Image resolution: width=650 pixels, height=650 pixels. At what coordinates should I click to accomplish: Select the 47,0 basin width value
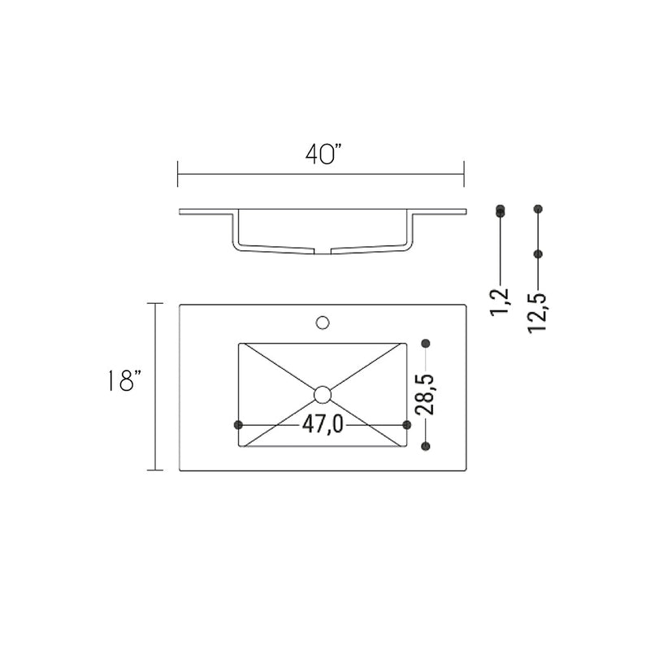[x=323, y=425]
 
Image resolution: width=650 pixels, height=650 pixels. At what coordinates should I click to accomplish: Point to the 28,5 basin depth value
[x=424, y=393]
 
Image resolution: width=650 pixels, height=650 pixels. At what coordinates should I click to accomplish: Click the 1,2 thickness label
[x=501, y=301]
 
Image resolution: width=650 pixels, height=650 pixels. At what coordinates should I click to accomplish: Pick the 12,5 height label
[x=537, y=312]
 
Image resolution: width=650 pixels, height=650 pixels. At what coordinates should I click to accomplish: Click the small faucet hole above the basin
[x=323, y=323]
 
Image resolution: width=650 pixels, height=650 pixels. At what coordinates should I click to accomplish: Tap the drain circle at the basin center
[x=323, y=395]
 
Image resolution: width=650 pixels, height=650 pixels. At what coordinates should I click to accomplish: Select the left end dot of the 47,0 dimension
[x=238, y=425]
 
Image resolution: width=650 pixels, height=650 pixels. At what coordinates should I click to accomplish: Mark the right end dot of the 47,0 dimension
[x=407, y=425]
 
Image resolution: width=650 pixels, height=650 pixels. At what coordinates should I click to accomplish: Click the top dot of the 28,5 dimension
[x=425, y=343]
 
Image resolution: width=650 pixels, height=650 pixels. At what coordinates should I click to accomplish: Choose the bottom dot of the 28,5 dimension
[x=425, y=446]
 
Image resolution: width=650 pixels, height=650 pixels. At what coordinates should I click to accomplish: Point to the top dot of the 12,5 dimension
[x=538, y=209]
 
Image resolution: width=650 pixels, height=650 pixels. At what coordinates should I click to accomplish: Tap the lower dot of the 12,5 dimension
[x=538, y=254]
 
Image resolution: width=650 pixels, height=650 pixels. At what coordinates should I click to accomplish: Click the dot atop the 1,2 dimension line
[x=500, y=210]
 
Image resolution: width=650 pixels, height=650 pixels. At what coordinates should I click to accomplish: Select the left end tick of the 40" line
[x=178, y=174]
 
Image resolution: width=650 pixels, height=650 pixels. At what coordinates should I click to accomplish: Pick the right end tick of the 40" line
[x=463, y=174]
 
